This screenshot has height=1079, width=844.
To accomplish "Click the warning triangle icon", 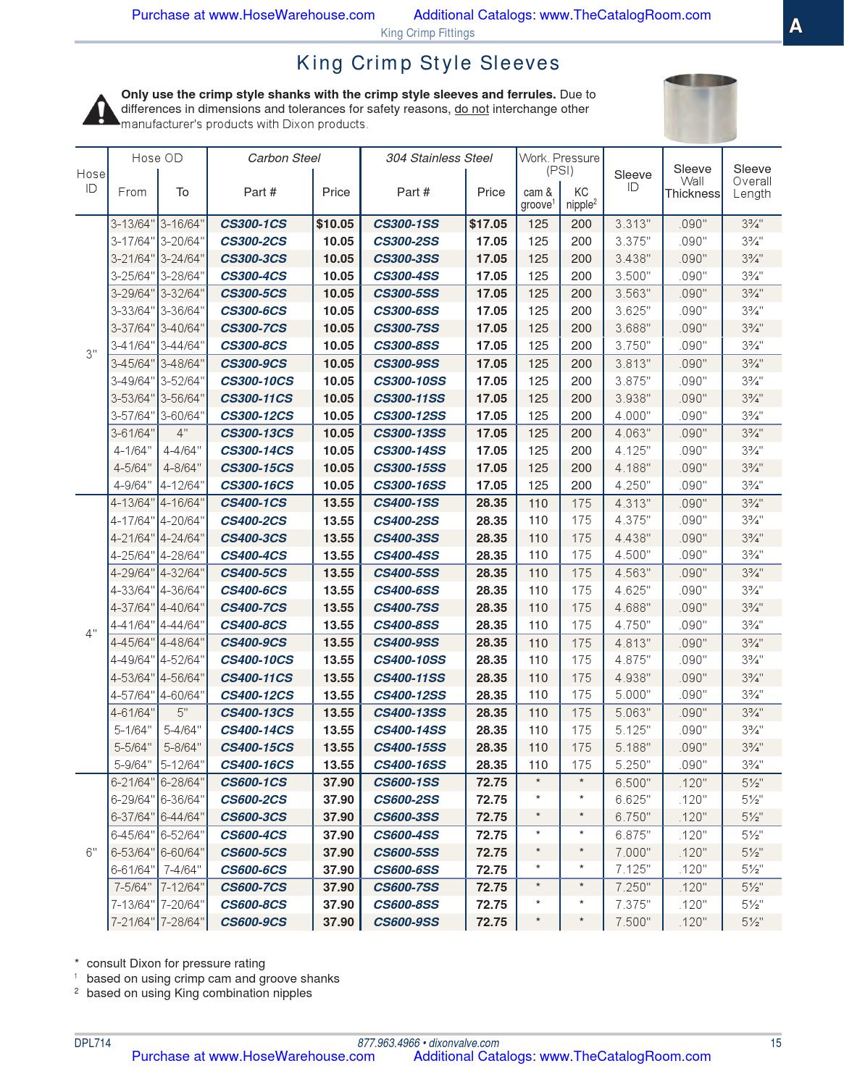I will pos(101,109).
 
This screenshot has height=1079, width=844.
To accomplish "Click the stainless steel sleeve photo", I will pos(700,108).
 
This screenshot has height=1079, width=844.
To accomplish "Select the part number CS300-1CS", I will pos(253,224).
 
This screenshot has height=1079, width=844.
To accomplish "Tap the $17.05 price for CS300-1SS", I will pos(488,224).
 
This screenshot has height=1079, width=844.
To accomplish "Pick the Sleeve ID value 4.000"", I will pos(632,416).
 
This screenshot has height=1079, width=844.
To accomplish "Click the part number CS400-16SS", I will pos(409,765).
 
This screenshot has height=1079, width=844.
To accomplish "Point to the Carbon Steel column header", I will pos(283,158).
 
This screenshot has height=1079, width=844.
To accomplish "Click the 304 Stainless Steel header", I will pos(438,158).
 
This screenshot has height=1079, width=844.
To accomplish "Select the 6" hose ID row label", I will pos(91,852).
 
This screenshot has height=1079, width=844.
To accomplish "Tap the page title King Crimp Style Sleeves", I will pos(428,64).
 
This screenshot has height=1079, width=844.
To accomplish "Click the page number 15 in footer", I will pos(775,1043).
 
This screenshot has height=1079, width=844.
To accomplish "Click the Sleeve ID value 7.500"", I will pos(632,922).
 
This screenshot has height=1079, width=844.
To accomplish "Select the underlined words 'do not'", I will pos(471,109).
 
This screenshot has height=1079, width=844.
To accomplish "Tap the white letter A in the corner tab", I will pos(795,27).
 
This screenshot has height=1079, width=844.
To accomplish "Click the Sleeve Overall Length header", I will pos(751,181).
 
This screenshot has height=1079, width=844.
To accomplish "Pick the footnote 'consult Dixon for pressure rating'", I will pos(175,963).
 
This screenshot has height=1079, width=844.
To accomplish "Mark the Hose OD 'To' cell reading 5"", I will pos(182,713).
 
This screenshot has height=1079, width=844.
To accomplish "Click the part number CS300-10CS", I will pos(256,381).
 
